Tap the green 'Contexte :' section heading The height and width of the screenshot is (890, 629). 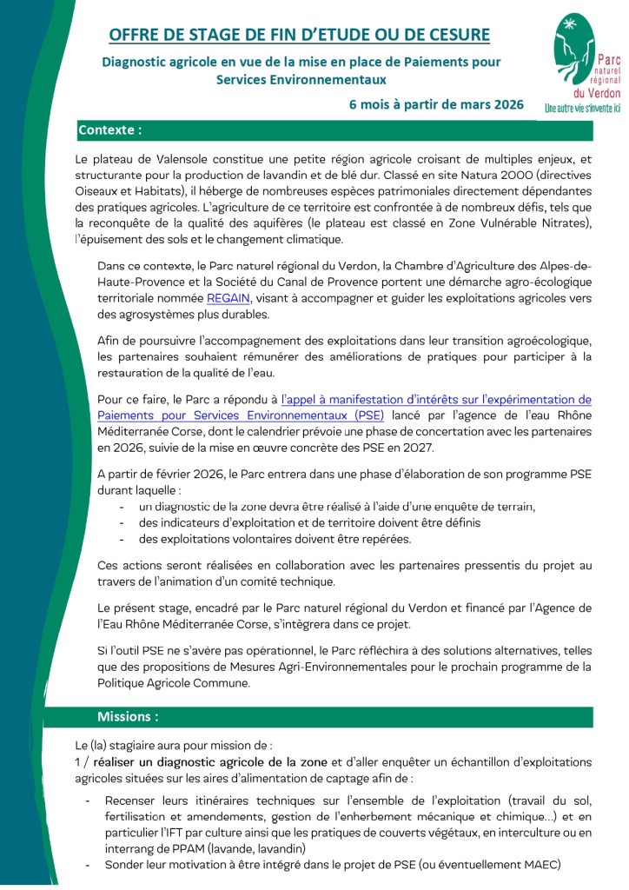pyautogui.click(x=110, y=130)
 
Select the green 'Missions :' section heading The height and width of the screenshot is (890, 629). pyautogui.click(x=128, y=717)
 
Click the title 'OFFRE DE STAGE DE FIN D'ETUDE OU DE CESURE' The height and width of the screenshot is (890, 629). pyautogui.click(x=299, y=35)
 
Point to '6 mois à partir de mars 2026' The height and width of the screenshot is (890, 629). pyautogui.click(x=436, y=104)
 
